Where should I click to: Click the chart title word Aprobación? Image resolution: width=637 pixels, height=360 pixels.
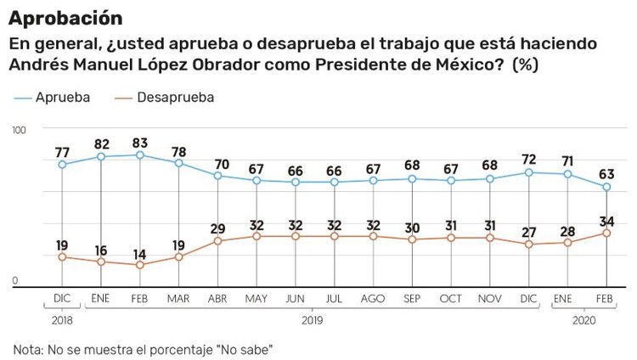(x=65, y=17)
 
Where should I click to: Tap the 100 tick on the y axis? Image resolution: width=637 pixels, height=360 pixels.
(x=20, y=129)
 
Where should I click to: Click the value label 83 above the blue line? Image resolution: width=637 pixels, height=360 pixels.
(x=140, y=142)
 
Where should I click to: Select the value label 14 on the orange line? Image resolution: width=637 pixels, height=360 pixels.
(x=140, y=253)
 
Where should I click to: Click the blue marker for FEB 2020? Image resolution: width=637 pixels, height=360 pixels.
(x=606, y=187)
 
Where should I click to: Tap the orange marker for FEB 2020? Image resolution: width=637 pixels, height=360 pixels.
(x=606, y=233)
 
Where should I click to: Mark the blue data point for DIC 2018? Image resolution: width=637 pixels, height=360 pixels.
(x=62, y=164)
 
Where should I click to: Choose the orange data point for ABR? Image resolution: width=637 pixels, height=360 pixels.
(x=217, y=241)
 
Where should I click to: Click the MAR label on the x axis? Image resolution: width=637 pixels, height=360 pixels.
(x=179, y=300)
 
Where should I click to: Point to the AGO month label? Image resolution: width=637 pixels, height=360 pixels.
(x=373, y=300)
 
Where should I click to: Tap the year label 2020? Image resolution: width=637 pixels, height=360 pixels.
(x=585, y=321)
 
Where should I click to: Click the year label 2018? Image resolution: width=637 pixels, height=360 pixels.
(x=61, y=321)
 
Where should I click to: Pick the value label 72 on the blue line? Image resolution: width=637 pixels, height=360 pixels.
(x=529, y=160)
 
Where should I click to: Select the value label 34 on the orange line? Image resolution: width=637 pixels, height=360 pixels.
(x=606, y=221)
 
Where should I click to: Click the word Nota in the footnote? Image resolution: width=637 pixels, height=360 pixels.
(x=29, y=349)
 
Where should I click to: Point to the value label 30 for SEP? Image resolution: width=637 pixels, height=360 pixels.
(x=412, y=228)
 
